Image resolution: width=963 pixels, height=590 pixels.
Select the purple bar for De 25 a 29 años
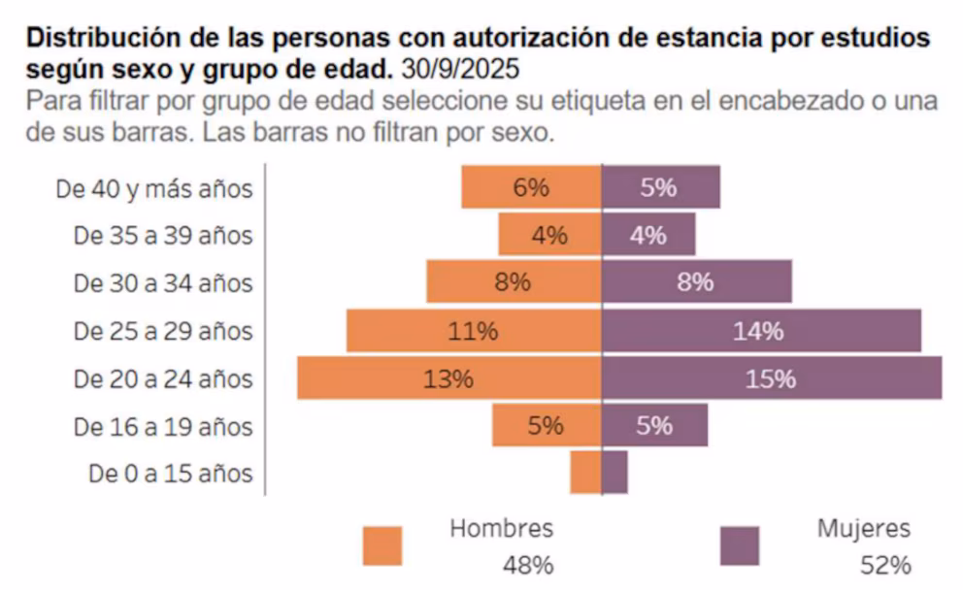tap(680, 331)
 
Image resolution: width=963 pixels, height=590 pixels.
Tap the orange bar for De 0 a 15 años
tap(585, 474)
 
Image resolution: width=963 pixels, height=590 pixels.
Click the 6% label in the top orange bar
tap(531, 187)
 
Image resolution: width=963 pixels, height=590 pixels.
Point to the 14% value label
tap(758, 331)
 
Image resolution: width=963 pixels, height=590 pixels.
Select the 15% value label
tap(771, 378)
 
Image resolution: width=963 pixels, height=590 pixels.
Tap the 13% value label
tap(448, 378)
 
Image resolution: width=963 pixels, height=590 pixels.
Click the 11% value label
tap(473, 331)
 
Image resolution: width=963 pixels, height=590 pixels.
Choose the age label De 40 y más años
tap(154, 188)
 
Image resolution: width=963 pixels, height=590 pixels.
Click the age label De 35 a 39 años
tap(163, 236)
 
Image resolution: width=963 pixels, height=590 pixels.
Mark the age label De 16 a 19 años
tap(163, 426)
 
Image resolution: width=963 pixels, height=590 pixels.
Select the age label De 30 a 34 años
tap(163, 283)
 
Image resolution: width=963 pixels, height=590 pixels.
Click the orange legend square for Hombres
tap(382, 545)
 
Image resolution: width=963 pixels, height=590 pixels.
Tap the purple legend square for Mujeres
tap(740, 545)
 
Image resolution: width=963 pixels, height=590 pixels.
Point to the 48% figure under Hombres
tap(527, 565)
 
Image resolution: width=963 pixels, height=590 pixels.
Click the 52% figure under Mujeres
tap(885, 565)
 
